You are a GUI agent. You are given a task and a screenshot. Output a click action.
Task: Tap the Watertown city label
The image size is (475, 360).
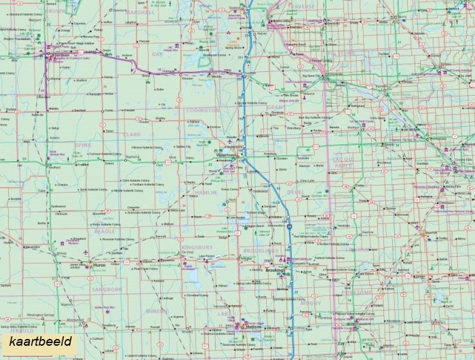(225, 155)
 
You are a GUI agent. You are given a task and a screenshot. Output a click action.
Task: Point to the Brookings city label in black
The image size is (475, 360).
(275, 270)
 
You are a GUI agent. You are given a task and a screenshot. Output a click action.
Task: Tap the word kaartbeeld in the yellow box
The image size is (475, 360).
(40, 341)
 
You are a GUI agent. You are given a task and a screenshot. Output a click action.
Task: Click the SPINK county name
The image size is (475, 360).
(83, 145)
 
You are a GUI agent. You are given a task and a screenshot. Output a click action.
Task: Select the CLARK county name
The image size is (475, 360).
(132, 134)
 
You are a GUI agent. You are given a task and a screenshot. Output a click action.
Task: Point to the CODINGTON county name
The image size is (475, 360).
(204, 110)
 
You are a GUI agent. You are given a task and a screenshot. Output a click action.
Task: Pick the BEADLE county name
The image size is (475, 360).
(104, 231)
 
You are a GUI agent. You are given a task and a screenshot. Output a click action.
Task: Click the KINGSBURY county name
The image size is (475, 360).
(197, 249)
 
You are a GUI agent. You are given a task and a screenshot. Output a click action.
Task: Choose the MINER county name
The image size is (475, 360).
(156, 311)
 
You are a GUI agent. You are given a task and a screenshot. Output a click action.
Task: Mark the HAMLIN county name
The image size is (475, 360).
(205, 193)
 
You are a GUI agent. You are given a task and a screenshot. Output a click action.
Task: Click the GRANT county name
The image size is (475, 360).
(276, 107)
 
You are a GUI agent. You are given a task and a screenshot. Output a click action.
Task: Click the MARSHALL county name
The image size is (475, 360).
(141, 12)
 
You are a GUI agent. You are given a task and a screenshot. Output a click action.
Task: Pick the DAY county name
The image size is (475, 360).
(157, 54)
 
